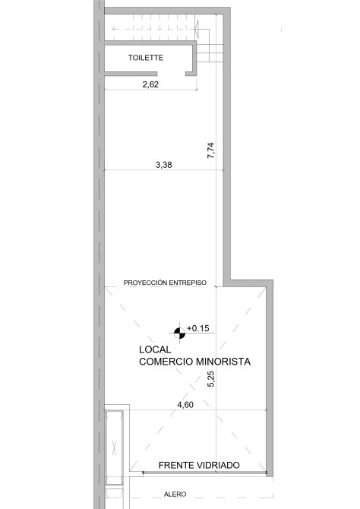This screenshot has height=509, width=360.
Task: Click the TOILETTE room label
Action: click(x=145, y=58)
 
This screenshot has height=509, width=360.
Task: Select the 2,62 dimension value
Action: click(x=150, y=84)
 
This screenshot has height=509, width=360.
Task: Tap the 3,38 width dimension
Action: click(x=164, y=165)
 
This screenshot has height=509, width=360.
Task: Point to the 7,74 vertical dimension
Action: click(x=210, y=150)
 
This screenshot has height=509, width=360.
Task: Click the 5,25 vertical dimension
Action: click(x=210, y=379)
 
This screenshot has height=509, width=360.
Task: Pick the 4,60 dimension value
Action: click(x=185, y=405)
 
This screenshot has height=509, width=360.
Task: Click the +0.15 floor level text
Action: click(x=198, y=328)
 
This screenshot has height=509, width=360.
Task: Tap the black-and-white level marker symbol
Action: click(x=179, y=333)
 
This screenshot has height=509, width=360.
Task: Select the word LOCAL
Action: click(x=155, y=349)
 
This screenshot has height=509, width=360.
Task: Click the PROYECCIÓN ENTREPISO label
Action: click(x=165, y=283)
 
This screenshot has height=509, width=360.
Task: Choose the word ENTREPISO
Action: click(x=188, y=283)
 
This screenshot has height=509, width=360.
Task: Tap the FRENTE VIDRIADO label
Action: click(x=199, y=465)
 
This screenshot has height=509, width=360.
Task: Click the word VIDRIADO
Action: click(x=219, y=465)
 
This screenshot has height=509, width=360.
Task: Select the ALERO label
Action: click(x=175, y=495)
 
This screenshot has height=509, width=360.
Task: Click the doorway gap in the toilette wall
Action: click(x=172, y=74)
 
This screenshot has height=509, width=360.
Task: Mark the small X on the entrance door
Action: click(x=114, y=447)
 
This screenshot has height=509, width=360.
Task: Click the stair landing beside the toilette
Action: click(x=210, y=52)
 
